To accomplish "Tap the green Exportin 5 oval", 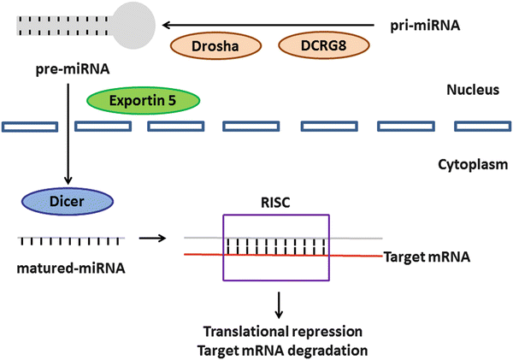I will [x=143, y=100].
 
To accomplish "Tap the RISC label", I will [x=275, y=203].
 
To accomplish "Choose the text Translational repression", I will [x=276, y=330].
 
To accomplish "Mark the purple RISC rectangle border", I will [x=224, y=248].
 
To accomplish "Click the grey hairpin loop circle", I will [x=132, y=26].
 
